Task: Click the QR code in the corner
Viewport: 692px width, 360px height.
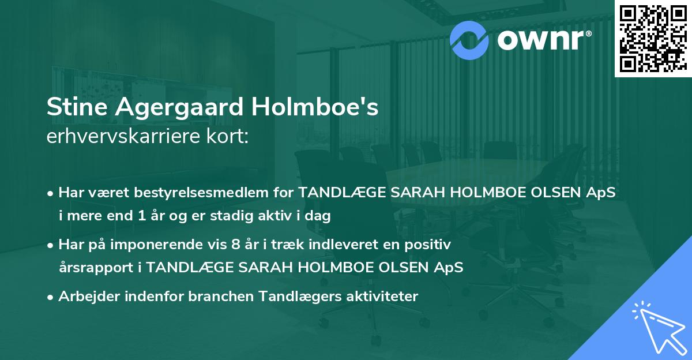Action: coord(653,37)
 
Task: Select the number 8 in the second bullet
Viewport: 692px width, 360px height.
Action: coord(235,245)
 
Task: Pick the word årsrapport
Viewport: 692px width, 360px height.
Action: coord(93,268)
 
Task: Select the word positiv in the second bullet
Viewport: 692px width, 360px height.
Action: coord(432,245)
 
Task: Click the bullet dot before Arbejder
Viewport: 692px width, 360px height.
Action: coord(51,297)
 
